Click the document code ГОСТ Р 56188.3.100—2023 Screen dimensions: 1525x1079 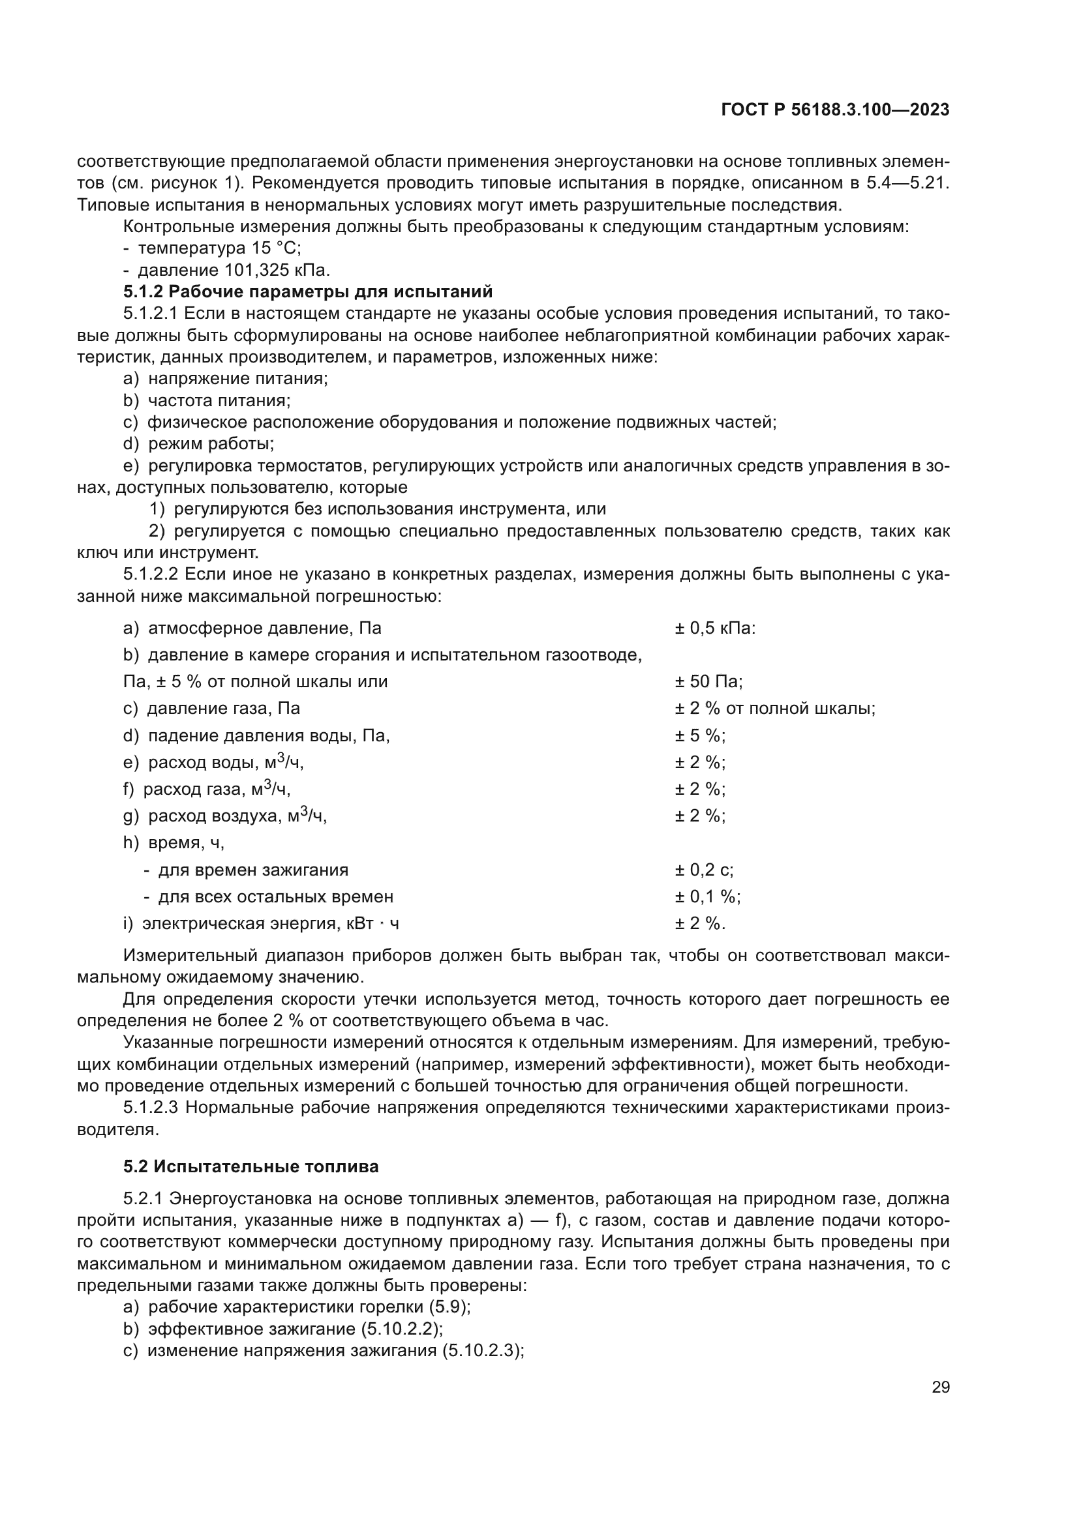[834, 110]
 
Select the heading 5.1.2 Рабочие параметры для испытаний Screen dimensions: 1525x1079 [308, 291]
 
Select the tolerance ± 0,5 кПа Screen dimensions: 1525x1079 [715, 629]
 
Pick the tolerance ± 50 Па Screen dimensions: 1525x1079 [708, 681]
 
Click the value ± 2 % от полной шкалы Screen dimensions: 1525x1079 [775, 709]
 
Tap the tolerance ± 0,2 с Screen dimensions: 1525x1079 [705, 870]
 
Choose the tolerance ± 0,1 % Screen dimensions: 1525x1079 [708, 896]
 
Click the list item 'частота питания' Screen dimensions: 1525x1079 [219, 400]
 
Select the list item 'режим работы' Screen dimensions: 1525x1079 [211, 444]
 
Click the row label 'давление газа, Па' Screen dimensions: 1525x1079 [223, 709]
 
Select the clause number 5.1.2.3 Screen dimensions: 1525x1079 [151, 1107]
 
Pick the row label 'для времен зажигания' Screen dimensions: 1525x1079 [252, 870]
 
